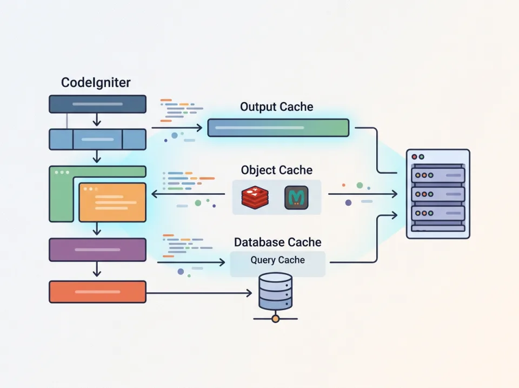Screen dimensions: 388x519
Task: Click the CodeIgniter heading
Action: [x=96, y=83]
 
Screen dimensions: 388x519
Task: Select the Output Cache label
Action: [x=276, y=107]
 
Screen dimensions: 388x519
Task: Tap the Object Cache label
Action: [x=276, y=170]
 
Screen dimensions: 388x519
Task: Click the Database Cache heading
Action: [x=277, y=242]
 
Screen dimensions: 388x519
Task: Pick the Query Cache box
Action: [x=277, y=264]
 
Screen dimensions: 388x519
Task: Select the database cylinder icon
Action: [x=275, y=292]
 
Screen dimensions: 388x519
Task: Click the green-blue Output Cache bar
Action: [x=278, y=128]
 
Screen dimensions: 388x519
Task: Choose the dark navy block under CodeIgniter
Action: [x=97, y=104]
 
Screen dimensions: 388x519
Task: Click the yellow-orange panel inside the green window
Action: [x=112, y=202]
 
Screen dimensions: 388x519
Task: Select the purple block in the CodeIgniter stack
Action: [x=97, y=249]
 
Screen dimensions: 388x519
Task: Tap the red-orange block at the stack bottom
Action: [x=97, y=292]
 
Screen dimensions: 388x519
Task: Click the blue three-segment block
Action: [x=97, y=139]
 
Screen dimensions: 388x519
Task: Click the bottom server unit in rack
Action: [x=438, y=213]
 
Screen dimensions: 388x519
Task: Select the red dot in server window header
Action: [x=415, y=157]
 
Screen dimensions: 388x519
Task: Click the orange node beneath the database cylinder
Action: [x=275, y=319]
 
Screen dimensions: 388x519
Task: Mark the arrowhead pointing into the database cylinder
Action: [x=249, y=293]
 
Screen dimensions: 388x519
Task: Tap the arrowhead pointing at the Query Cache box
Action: [x=222, y=262]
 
